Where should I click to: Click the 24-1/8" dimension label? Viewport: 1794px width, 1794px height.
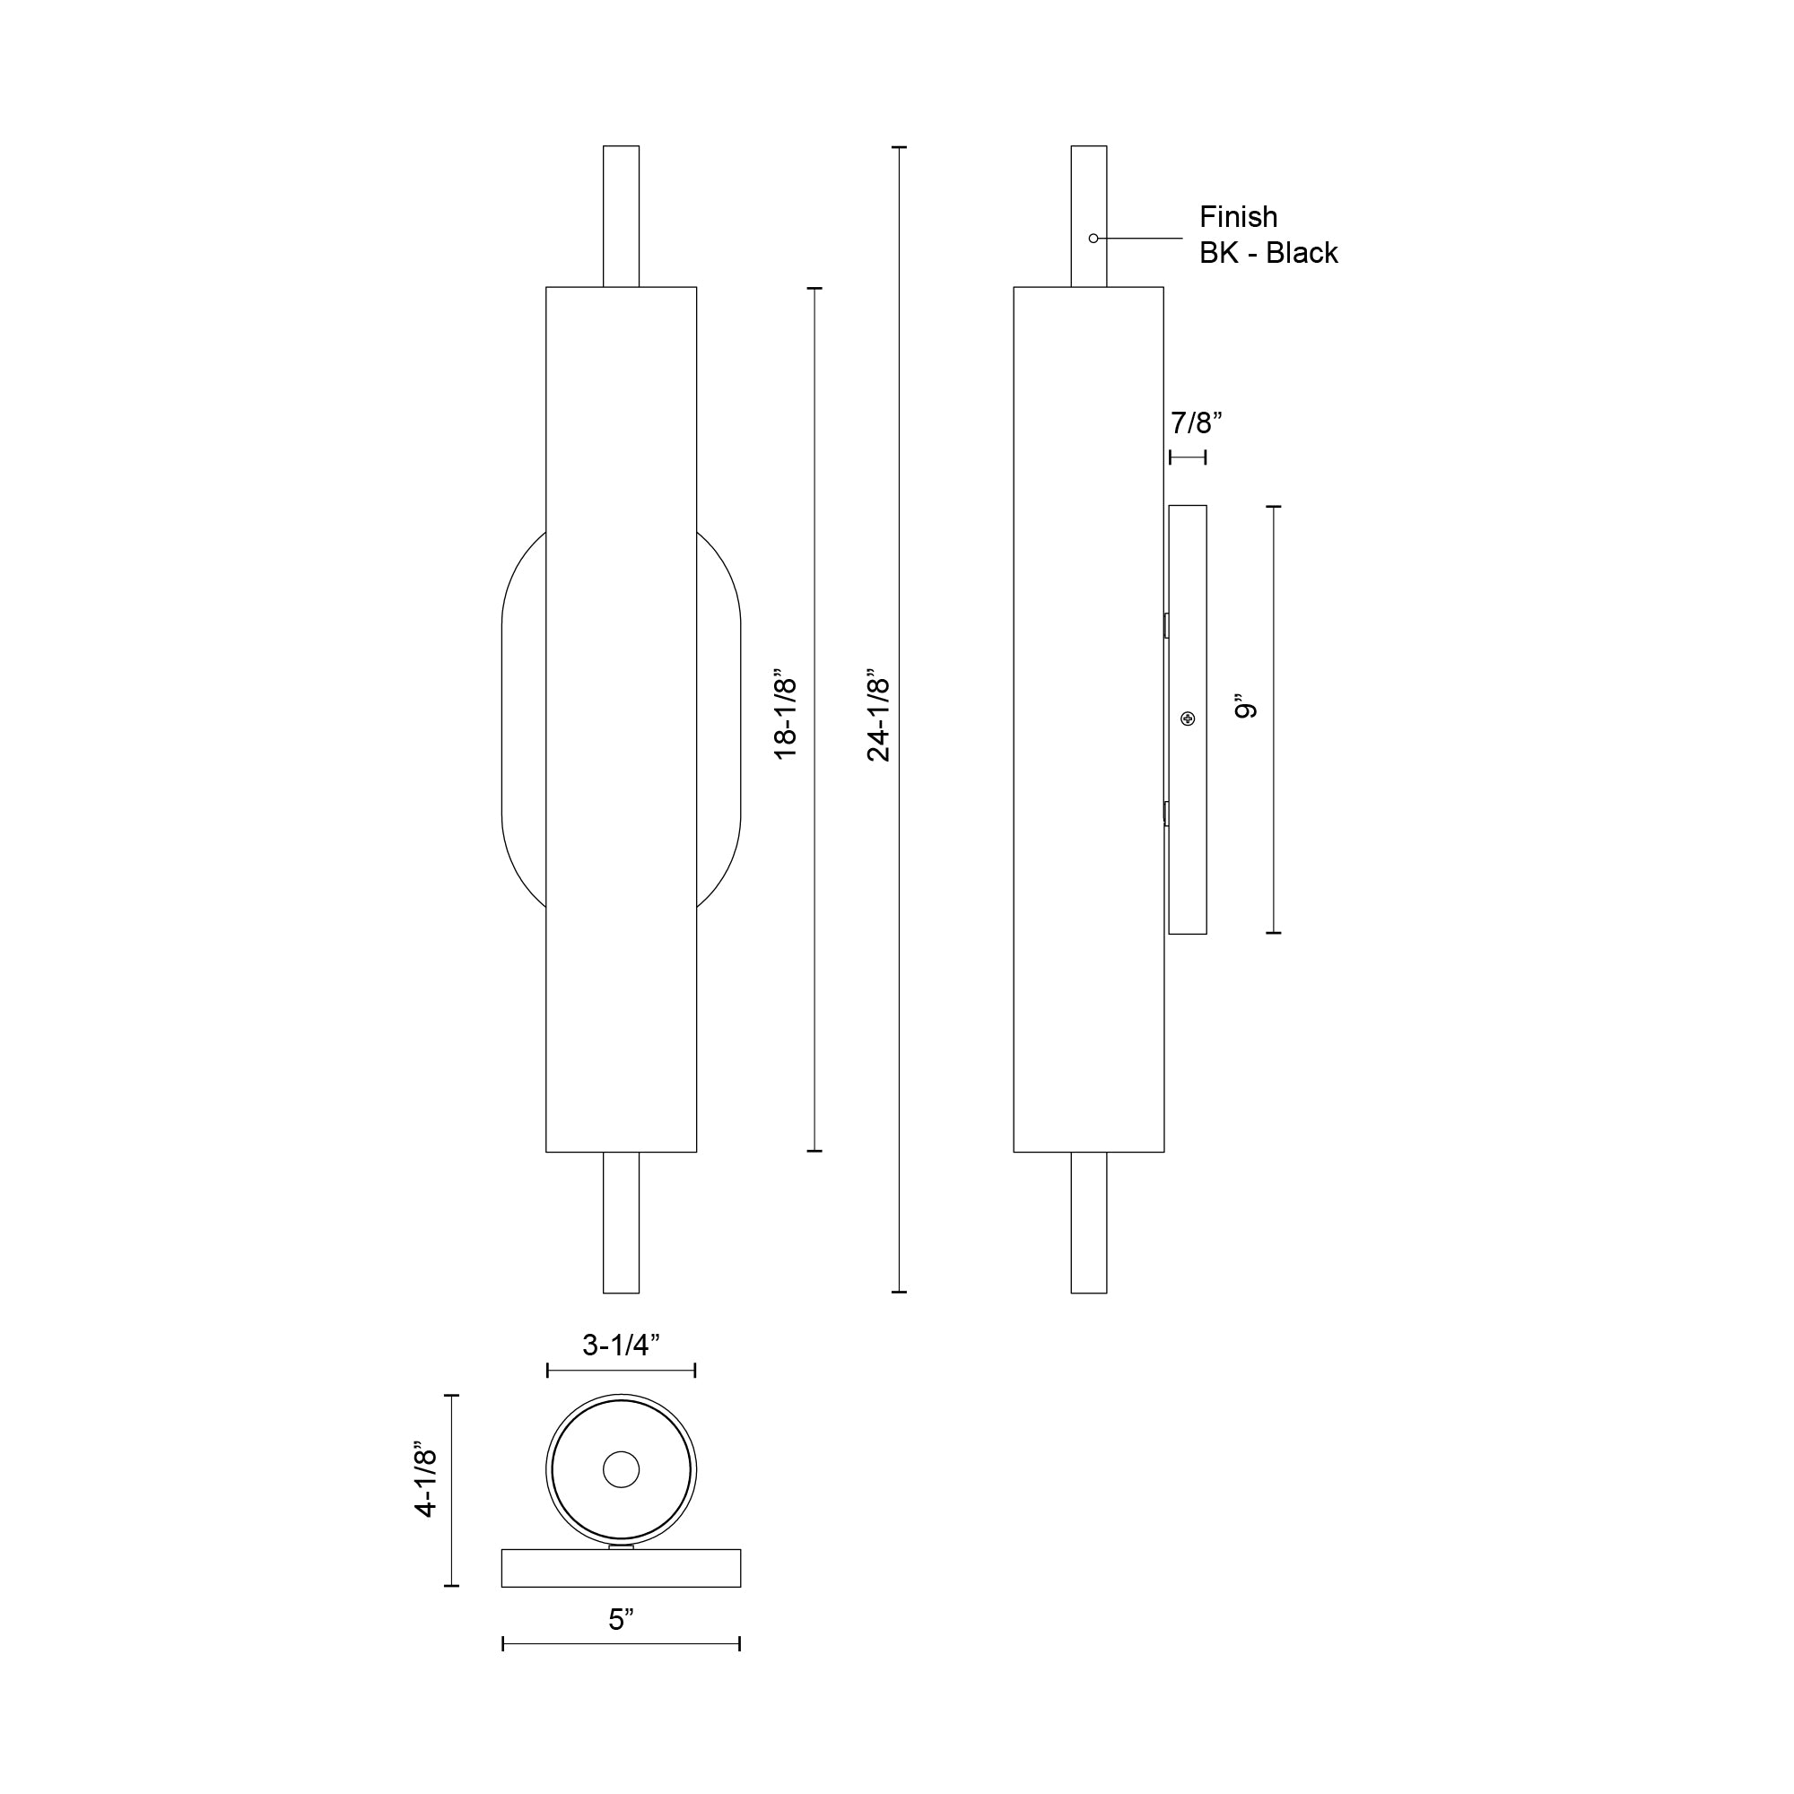(877, 719)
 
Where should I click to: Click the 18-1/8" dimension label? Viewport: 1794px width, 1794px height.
(787, 719)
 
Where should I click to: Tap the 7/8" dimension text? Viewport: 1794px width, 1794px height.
(1196, 423)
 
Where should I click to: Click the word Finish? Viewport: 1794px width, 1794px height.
(1238, 217)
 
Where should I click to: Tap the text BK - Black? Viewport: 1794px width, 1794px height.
(1267, 253)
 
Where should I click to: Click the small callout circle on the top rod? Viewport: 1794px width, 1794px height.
(1093, 239)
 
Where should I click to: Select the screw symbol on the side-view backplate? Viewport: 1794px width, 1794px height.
(1188, 718)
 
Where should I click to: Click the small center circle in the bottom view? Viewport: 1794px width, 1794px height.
(622, 1469)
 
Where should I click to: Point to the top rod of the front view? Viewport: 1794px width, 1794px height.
(622, 215)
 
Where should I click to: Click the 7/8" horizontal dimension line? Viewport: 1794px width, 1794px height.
(1188, 457)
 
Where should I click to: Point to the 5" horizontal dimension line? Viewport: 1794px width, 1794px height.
(621, 1644)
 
